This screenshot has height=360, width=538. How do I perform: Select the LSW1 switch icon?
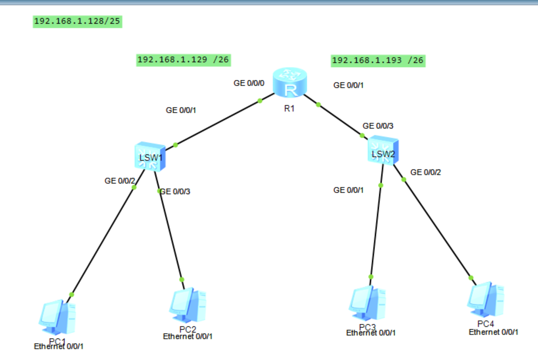click(x=150, y=157)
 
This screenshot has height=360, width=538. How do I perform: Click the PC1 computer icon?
click(x=57, y=316)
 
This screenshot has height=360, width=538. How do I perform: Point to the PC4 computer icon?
click(x=485, y=300)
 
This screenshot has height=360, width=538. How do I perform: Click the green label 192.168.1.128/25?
click(x=77, y=21)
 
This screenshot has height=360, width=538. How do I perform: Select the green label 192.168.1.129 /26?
click(x=183, y=60)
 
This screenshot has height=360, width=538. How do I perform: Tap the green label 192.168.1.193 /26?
click(x=377, y=60)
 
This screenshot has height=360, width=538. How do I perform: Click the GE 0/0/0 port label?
click(x=249, y=83)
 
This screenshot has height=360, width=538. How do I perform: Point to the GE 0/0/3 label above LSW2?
click(x=378, y=126)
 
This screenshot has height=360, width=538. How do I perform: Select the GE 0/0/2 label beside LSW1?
click(x=120, y=181)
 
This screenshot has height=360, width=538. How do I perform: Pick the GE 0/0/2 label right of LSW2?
click(x=425, y=172)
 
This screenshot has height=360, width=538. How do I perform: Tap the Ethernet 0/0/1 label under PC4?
click(x=493, y=332)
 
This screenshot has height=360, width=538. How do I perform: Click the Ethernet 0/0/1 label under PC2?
click(x=188, y=336)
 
